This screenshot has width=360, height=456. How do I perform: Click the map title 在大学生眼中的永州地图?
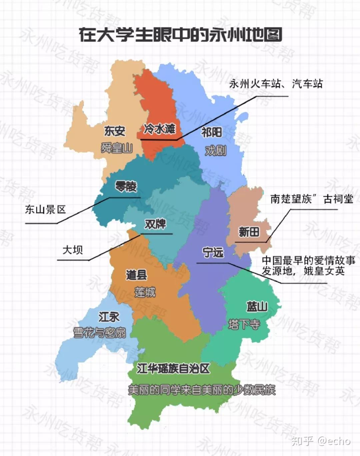[180, 35]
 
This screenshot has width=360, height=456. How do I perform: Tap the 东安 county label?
[115, 131]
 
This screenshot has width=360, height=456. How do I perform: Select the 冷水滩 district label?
[159, 129]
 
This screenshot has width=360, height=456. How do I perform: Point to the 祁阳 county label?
[212, 133]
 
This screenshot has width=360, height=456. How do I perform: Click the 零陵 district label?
[126, 187]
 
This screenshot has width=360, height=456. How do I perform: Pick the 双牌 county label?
[155, 224]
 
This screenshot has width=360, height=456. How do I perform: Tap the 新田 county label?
[249, 232]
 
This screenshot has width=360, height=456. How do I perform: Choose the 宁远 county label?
[213, 252]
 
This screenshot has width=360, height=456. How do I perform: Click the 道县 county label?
[136, 275]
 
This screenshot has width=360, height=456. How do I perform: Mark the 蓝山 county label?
[257, 306]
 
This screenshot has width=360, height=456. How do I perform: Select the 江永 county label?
[109, 317]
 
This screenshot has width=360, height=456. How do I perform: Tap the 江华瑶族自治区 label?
[173, 369]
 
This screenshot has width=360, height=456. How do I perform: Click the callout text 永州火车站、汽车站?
[276, 84]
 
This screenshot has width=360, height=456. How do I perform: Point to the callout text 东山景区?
[45, 210]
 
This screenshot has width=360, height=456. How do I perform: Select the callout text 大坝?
[73, 249]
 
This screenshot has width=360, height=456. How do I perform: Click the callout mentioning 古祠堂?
[312, 199]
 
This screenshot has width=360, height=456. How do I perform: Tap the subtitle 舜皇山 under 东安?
[117, 148]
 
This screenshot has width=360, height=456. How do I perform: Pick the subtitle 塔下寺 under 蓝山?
[244, 324]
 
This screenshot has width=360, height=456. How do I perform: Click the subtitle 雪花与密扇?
[99, 332]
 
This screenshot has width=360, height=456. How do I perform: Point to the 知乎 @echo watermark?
[321, 441]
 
